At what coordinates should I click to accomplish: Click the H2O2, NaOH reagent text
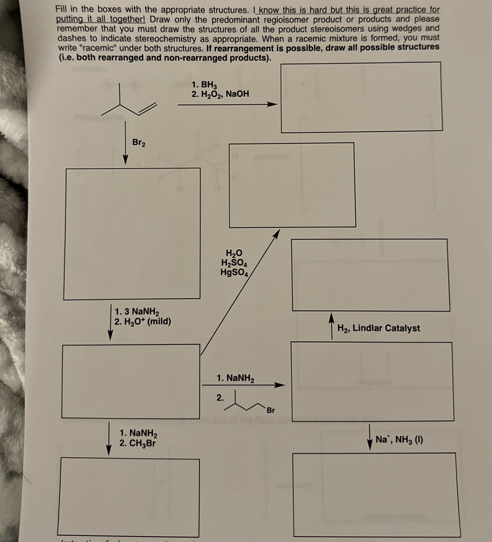click(221, 94)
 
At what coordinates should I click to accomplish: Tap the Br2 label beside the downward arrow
click(139, 143)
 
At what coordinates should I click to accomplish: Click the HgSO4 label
click(234, 272)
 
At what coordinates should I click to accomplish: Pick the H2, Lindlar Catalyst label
click(378, 328)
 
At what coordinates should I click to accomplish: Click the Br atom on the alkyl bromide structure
click(270, 411)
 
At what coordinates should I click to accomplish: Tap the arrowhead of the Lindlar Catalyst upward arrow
click(331, 317)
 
